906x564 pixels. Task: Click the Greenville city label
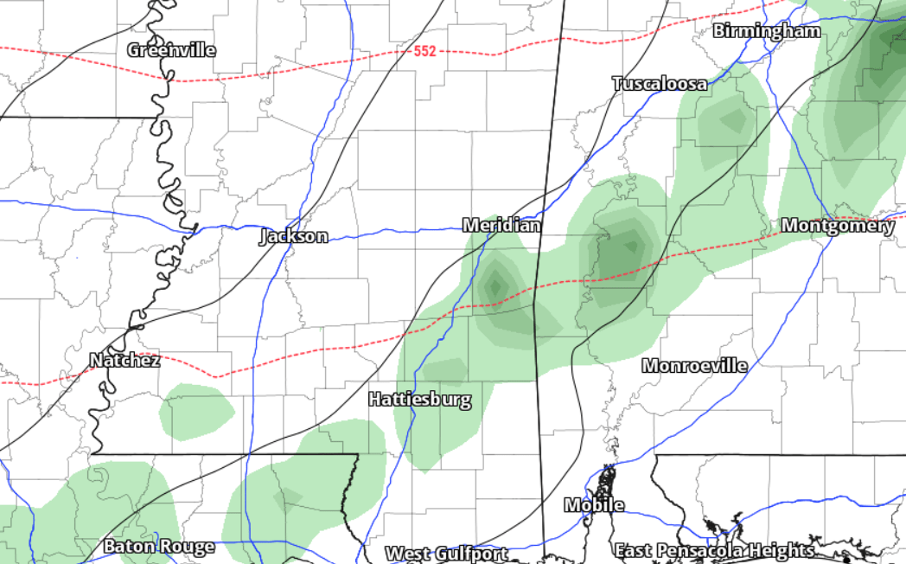(x=171, y=50)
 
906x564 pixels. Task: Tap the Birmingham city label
(x=766, y=31)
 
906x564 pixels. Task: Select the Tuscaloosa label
(x=660, y=84)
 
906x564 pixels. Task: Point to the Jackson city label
(x=294, y=236)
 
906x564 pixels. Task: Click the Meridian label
(x=501, y=226)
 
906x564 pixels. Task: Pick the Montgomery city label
(x=837, y=226)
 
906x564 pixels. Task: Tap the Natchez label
(x=124, y=360)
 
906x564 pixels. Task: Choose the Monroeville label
(x=694, y=366)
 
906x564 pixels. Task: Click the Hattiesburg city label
(x=420, y=400)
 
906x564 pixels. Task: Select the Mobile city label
(x=594, y=505)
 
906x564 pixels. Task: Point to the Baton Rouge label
(x=158, y=546)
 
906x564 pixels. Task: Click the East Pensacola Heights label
(x=714, y=550)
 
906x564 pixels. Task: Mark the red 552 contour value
(x=424, y=51)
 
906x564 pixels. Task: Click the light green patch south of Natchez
(x=196, y=412)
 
